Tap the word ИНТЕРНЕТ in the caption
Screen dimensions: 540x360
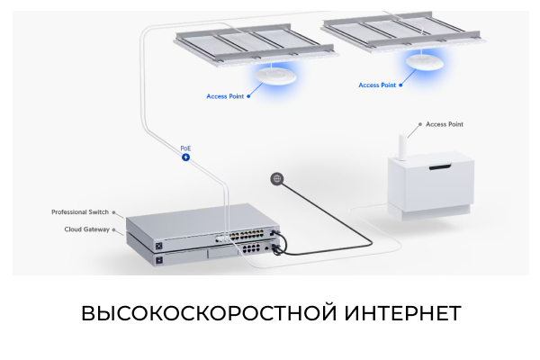tap(402, 313)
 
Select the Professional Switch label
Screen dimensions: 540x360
tap(80, 212)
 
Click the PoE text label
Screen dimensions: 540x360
tap(185, 148)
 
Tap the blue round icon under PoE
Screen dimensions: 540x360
tap(186, 157)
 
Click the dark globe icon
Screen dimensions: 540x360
tap(277, 178)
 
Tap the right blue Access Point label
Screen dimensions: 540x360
tap(377, 85)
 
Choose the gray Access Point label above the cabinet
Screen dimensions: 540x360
tap(444, 124)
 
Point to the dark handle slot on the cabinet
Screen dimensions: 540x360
tap(441, 168)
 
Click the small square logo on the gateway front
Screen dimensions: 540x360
tap(160, 260)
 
